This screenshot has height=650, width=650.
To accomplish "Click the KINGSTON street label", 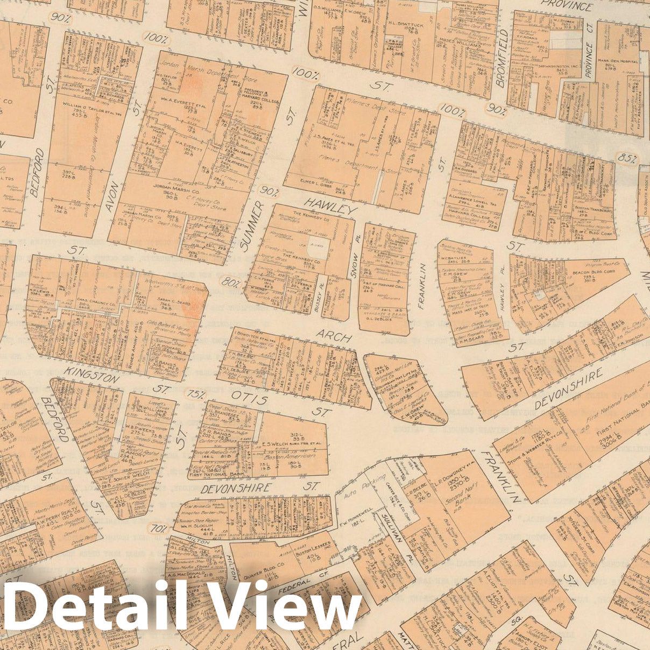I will click(91, 375).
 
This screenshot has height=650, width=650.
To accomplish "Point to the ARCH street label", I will click(334, 337).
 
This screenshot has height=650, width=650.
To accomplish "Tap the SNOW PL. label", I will click(354, 265).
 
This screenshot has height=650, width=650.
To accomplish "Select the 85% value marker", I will click(627, 159).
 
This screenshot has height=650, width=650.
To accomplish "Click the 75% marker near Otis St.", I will click(195, 394).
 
